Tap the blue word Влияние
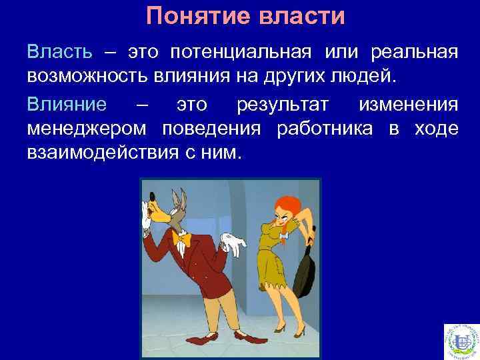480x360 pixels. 65,105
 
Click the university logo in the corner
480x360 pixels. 461,341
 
